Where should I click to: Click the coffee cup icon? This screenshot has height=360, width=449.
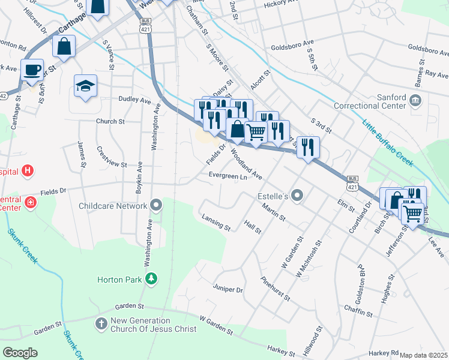click(32, 69)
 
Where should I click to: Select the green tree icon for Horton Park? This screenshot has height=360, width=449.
click(152, 279)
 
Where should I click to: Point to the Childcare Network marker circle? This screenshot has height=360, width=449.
click(156, 206)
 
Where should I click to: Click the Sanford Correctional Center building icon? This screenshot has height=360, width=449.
click(416, 99)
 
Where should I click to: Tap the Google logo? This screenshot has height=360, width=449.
click(20, 353)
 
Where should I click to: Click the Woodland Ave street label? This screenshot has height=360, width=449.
click(247, 167)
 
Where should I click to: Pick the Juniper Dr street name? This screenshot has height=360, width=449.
click(228, 289)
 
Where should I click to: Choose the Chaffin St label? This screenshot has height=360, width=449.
click(358, 310)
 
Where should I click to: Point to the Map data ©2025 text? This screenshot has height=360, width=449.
click(424, 355)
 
